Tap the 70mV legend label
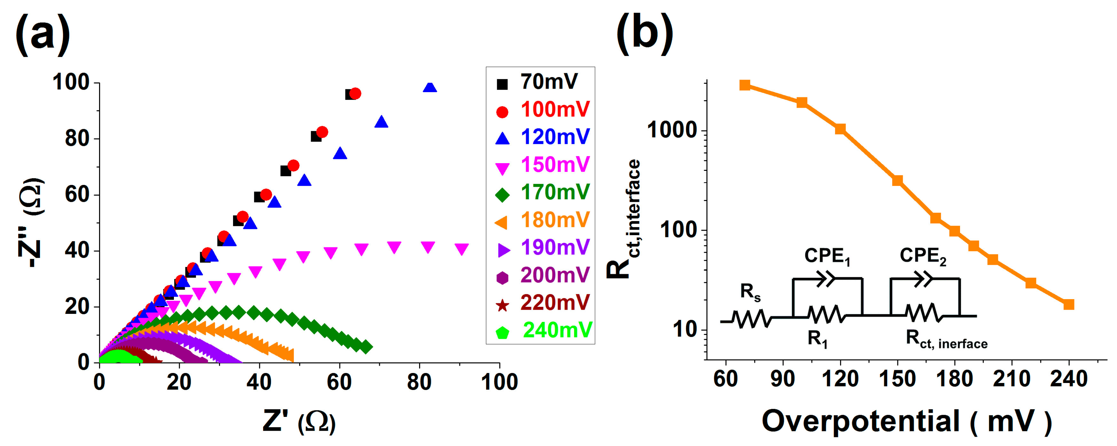click(549, 82)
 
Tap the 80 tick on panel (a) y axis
click(77, 139)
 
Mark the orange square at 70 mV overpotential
click(745, 85)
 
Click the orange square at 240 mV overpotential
click(1068, 304)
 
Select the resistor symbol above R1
click(826, 314)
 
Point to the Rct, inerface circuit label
click(946, 339)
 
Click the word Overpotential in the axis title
click(860, 421)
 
